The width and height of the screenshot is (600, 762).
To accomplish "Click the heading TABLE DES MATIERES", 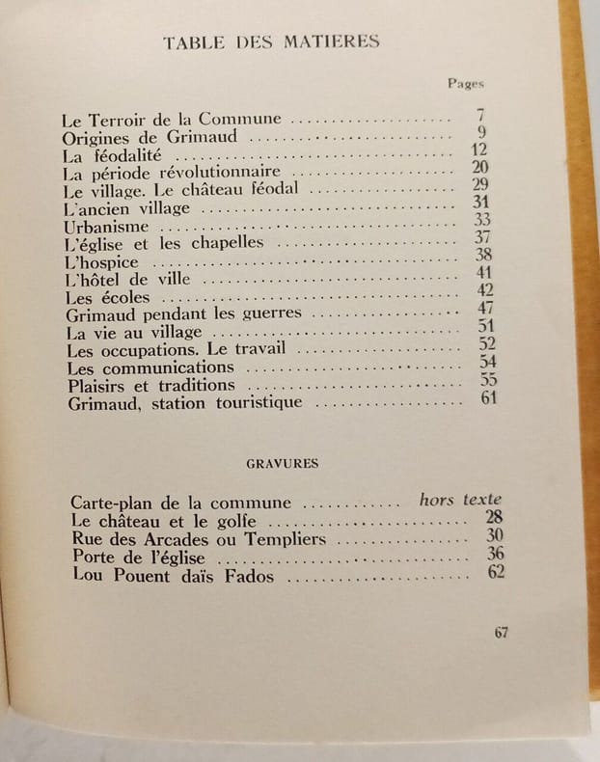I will [272, 41].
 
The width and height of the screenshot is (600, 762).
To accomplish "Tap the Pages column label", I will [466, 84].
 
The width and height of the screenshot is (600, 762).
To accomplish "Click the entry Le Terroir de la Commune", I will [172, 121].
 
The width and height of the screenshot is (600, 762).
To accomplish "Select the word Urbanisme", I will [106, 226].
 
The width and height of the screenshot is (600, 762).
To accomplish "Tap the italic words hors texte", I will [460, 500].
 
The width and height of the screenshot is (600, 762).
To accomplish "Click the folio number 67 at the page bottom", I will [501, 633].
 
